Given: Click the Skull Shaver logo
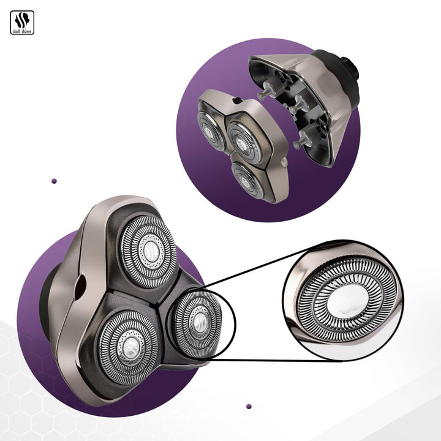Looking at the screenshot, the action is coord(22,23).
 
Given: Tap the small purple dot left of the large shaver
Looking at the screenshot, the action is coord(55,181).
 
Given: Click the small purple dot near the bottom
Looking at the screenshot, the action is coord(249,407).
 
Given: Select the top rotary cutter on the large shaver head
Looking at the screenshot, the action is coord(149,252).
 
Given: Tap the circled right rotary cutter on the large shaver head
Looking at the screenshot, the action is coord(197,324).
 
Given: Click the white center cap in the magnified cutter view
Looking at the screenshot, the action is coord(348,302).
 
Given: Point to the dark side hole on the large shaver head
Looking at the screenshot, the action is coord(81,287).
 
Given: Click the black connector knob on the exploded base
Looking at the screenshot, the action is coord(350,67).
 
